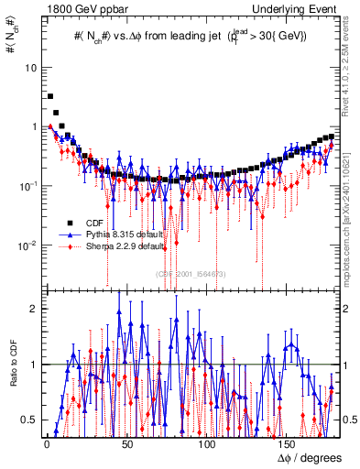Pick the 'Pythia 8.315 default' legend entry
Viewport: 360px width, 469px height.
click(x=124, y=234)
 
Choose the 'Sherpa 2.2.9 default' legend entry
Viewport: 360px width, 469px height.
click(x=124, y=246)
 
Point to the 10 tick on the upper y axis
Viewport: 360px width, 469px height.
click(x=32, y=68)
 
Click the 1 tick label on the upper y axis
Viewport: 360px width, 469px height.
click(x=35, y=126)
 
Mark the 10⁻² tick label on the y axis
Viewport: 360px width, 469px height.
click(x=29, y=244)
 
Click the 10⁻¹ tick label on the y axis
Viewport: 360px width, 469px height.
click(x=29, y=185)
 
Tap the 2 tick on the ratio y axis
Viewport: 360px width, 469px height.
click(x=34, y=308)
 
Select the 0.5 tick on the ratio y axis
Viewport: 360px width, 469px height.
click(x=30, y=420)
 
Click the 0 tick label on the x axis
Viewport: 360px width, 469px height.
click(x=46, y=444)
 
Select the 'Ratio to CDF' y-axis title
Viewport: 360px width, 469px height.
click(x=11, y=376)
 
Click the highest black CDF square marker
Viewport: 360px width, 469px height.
click(x=50, y=96)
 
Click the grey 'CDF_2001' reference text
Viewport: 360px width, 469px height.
click(x=191, y=273)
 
